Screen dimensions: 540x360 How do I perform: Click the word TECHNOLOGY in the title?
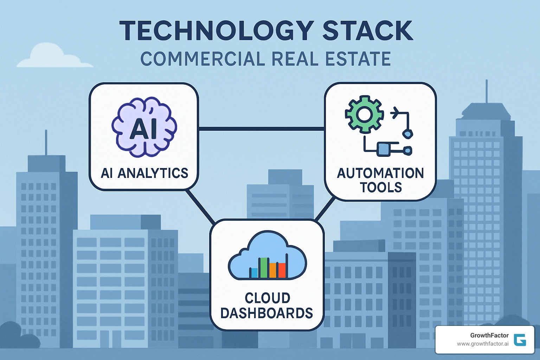click(x=217, y=31)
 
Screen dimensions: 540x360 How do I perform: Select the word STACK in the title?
click(x=367, y=31)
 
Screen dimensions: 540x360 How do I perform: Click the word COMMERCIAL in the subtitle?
click(x=202, y=59)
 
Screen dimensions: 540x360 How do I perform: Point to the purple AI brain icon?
click(x=144, y=127)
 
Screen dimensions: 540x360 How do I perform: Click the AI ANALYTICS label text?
click(x=144, y=173)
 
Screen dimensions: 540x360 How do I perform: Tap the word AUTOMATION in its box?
click(x=380, y=173)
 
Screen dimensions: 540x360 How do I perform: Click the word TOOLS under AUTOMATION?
click(x=381, y=187)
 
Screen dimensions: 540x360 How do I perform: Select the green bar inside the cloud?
click(x=264, y=268)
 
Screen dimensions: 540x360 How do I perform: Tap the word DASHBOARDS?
click(x=266, y=313)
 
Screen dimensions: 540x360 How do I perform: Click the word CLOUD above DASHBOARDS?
click(x=267, y=298)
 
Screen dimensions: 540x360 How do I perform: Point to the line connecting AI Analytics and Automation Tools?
click(x=261, y=129)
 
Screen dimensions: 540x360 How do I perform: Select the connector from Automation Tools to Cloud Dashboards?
click(x=325, y=209)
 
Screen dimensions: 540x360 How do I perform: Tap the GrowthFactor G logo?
click(x=520, y=340)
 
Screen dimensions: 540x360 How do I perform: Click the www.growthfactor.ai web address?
click(x=482, y=344)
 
